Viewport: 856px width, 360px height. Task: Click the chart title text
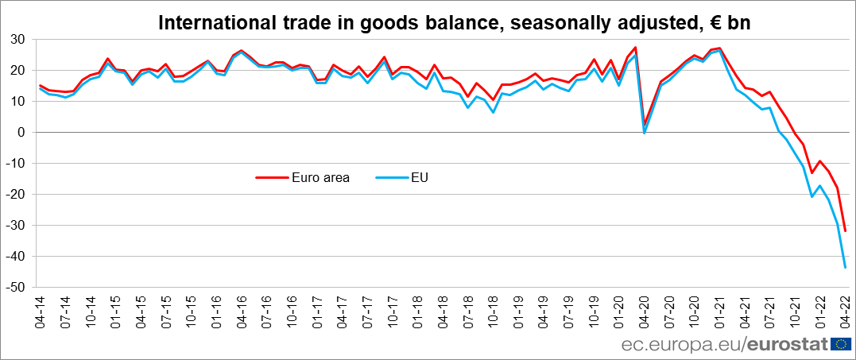454,23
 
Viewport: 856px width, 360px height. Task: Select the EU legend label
419,177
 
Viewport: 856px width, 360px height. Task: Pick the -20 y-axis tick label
16,194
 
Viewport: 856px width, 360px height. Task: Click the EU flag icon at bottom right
841,344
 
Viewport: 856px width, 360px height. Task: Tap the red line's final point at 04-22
845,230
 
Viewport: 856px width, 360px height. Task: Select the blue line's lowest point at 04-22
845,267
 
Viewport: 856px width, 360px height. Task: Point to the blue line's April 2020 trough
644,133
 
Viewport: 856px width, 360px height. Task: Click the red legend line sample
269,177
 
